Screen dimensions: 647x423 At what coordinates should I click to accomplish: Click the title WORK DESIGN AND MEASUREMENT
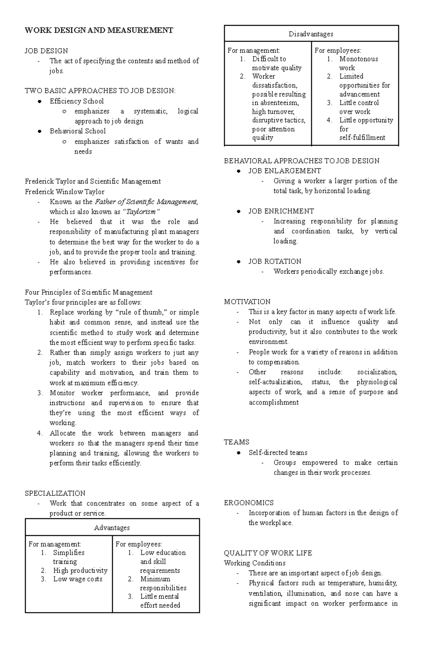[x=99, y=30]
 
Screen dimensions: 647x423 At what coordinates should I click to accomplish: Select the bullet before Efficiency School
[x=40, y=102]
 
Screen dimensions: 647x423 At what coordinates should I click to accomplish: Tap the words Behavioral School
[x=78, y=131]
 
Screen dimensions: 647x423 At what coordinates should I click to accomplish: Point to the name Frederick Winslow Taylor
[x=65, y=192]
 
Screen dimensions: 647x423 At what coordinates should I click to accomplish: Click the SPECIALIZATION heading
[x=55, y=493]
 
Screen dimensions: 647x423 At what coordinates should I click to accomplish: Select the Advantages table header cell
[x=112, y=528]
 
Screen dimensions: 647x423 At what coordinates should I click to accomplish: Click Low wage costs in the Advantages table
[x=78, y=579]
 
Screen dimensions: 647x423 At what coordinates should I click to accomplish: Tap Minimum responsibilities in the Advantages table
[x=163, y=583]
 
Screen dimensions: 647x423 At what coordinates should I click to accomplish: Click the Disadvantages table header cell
[x=311, y=34]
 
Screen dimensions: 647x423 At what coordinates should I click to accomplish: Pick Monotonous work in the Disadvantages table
[x=358, y=63]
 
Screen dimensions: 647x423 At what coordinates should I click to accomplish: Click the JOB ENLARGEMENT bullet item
[x=284, y=171]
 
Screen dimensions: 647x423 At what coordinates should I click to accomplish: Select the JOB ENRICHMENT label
[x=281, y=211]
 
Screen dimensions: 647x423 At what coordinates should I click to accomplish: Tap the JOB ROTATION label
[x=275, y=262]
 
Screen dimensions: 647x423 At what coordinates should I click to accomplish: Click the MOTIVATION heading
[x=247, y=302]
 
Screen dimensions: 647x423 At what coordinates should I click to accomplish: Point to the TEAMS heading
[x=237, y=442]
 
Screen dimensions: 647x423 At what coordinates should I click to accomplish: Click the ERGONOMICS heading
[x=249, y=503]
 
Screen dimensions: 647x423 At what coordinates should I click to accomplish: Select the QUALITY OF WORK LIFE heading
[x=268, y=553]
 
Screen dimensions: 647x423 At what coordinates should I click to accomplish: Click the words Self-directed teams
[x=278, y=453]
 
